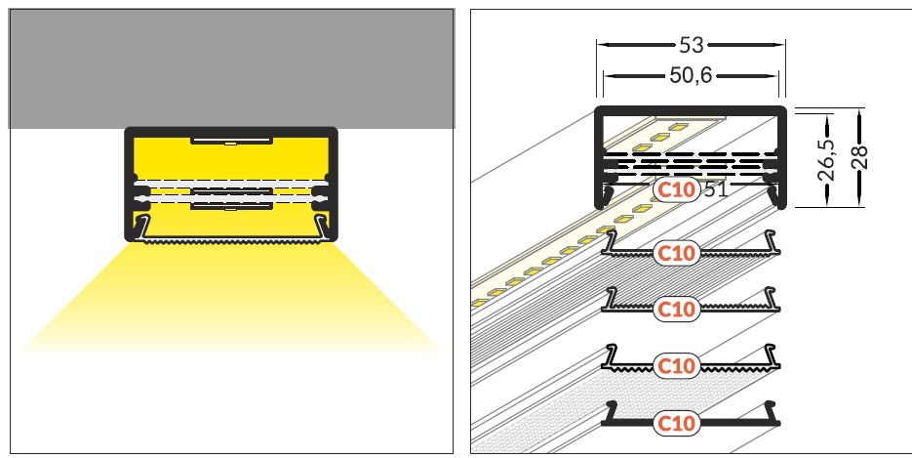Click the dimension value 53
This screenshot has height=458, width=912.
point(691,45)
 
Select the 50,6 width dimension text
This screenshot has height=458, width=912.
point(691,74)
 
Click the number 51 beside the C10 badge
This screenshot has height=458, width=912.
point(715,189)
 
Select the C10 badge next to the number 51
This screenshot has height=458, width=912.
point(676,189)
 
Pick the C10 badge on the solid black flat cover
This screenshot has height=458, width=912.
point(676,423)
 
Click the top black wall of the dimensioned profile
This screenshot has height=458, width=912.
point(691,108)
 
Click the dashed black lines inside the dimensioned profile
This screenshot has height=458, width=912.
point(691,161)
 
